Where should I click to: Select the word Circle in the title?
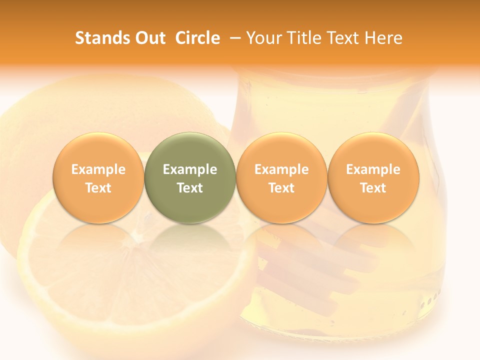coord(197,38)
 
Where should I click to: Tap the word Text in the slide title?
coord(343,38)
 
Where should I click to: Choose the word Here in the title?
coord(383,38)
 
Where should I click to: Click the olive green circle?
coord(190,178)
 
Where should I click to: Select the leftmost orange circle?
coord(98,178)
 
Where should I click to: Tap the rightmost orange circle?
coord(373,178)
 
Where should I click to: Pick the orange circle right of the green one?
coord(281,178)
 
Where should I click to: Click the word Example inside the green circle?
coord(190,169)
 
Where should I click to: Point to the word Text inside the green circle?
coord(190,188)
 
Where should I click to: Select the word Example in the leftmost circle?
coord(98,169)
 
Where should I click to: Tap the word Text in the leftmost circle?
coord(98,188)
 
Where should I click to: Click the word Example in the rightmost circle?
coord(373,169)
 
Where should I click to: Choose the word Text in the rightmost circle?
coord(373,188)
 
